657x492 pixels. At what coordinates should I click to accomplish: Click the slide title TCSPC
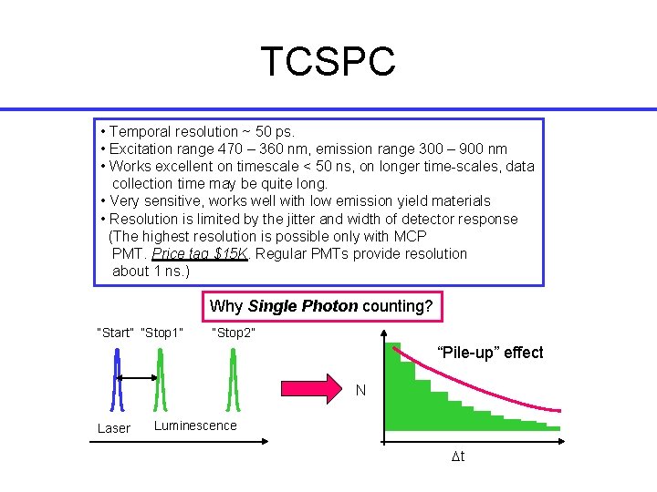click(x=328, y=62)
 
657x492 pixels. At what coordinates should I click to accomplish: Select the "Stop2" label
click(x=234, y=333)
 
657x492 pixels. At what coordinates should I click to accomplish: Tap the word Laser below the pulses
click(x=114, y=428)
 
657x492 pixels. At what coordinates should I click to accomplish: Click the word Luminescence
click(x=195, y=425)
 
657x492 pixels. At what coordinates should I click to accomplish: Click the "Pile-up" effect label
click(x=490, y=353)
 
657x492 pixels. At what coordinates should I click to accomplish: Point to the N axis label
click(x=361, y=391)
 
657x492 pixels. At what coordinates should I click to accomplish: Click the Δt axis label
click(x=458, y=456)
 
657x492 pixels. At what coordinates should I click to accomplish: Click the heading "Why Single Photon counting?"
click(x=321, y=306)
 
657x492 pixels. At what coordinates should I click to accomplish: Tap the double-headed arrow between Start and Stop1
click(x=138, y=377)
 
